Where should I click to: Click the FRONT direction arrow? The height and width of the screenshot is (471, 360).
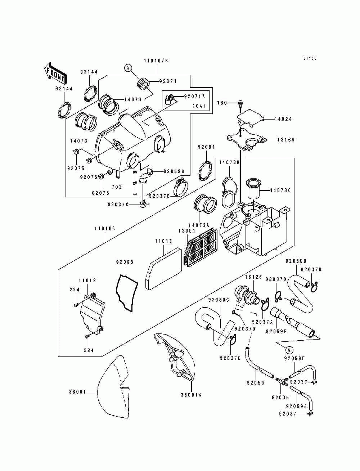pos(55,73)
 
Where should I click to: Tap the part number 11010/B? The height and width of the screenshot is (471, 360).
pos(156,61)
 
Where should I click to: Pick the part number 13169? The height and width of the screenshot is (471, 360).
pos(286,140)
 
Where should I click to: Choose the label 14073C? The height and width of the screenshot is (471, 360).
pos(280,190)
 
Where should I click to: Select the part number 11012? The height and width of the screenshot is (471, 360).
pos(87,281)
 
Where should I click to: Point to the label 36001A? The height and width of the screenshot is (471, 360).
pos(191,395)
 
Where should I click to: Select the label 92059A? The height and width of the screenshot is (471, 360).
pos(296,406)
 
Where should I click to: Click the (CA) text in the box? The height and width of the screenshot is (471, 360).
pos(198,106)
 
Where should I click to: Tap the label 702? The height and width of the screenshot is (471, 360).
pos(116,187)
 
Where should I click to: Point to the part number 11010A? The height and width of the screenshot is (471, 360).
pos(105,228)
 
